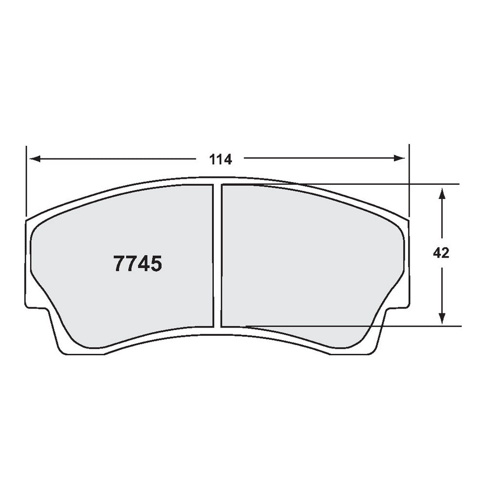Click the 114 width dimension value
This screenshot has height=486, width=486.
tap(221, 159)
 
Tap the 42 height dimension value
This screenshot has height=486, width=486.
tap(441, 253)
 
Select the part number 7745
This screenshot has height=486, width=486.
tap(137, 264)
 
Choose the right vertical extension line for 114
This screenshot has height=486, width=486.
tap(409, 180)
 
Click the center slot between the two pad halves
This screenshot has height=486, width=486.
tap(217, 255)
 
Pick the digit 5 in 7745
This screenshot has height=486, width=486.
tap(156, 264)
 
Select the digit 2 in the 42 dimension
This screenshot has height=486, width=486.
tap(445, 253)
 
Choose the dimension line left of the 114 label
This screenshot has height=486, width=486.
tap(117, 158)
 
